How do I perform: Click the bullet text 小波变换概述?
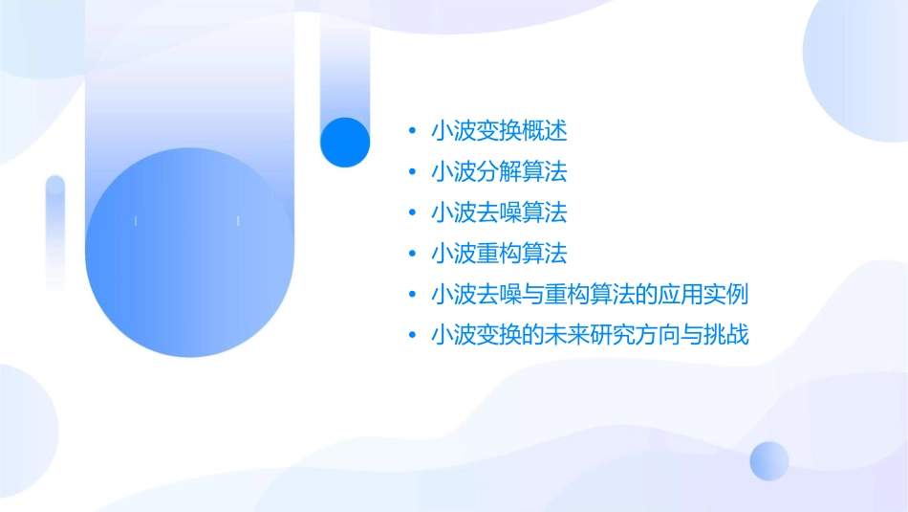tap(499, 131)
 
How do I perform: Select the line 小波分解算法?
tap(499, 172)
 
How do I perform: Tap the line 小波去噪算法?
tap(499, 212)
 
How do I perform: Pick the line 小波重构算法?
tap(499, 254)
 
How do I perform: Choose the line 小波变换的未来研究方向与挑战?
tap(590, 335)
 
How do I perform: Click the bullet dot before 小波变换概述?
tap(411, 131)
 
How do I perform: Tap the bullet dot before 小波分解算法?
tap(411, 172)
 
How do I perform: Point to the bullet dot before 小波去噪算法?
tap(411, 212)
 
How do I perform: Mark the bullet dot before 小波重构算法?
tap(411, 254)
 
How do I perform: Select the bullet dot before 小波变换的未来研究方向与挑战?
tap(411, 335)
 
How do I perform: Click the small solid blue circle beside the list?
tap(344, 142)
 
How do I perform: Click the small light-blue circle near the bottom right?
tap(769, 461)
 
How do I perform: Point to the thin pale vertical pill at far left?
tap(55, 233)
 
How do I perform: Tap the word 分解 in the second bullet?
tap(499, 172)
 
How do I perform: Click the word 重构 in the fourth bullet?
tap(499, 254)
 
